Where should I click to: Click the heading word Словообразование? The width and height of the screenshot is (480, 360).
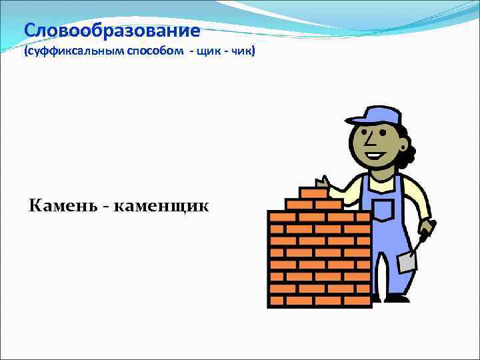tap(111, 31)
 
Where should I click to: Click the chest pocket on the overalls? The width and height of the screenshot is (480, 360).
tap(383, 209)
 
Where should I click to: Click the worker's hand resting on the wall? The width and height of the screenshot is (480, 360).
tap(323, 181)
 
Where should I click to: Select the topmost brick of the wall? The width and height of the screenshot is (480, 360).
tap(313, 193)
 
